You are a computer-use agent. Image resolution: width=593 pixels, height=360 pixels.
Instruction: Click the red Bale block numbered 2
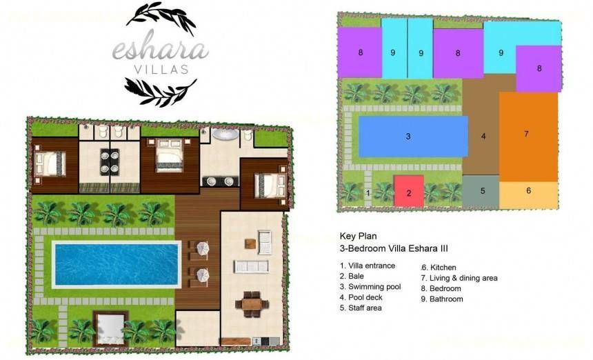[409, 191]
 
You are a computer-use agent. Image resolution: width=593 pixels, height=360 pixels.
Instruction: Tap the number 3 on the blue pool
[408, 136]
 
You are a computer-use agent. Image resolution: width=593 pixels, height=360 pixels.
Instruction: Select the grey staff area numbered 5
[481, 192]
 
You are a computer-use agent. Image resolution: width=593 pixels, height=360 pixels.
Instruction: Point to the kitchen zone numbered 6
[529, 195]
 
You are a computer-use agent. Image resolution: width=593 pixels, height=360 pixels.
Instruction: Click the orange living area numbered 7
[528, 137]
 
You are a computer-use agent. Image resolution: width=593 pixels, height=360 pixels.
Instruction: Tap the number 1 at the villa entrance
[368, 193]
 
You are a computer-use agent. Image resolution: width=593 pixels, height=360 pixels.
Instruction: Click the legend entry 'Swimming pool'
[370, 287]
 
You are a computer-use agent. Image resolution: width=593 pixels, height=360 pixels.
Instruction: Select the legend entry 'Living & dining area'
[459, 278]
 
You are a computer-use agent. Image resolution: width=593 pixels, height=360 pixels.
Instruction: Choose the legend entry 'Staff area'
[361, 308]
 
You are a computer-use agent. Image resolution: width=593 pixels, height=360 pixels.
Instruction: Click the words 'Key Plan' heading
[358, 237]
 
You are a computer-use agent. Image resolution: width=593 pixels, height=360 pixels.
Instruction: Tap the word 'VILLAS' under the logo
[161, 70]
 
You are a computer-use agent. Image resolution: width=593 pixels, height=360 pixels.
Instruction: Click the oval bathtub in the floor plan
[225, 134]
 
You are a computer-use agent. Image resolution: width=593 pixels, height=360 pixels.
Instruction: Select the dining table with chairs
[252, 303]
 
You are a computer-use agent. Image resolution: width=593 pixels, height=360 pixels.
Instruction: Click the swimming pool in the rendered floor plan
[116, 264]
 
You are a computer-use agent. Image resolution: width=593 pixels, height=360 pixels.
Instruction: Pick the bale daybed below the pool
[111, 328]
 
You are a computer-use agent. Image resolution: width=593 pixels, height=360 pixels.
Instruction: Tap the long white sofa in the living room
[251, 266]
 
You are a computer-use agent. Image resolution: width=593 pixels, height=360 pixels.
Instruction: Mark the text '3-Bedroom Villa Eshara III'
[394, 248]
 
